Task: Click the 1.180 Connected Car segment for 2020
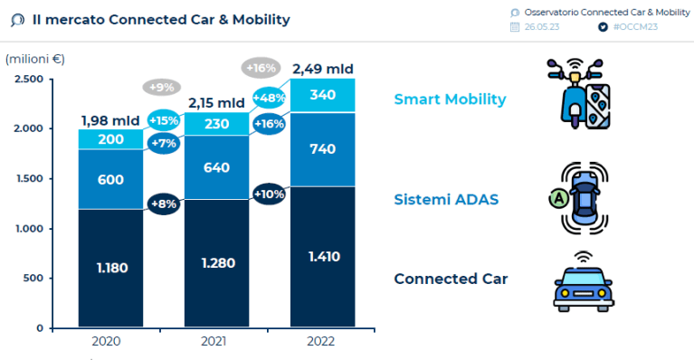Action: (111, 268)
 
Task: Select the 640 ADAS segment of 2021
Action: (216, 167)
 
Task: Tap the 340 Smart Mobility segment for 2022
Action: (322, 95)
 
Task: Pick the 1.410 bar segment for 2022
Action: (322, 256)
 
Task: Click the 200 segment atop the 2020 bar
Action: (111, 138)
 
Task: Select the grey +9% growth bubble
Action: (162, 88)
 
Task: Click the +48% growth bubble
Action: (270, 98)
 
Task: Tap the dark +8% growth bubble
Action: (163, 204)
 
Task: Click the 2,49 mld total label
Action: (322, 69)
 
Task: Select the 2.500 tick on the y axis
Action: (29, 80)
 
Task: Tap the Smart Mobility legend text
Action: (450, 99)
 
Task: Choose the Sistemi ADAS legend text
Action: (445, 199)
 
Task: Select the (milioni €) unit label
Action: (35, 59)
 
